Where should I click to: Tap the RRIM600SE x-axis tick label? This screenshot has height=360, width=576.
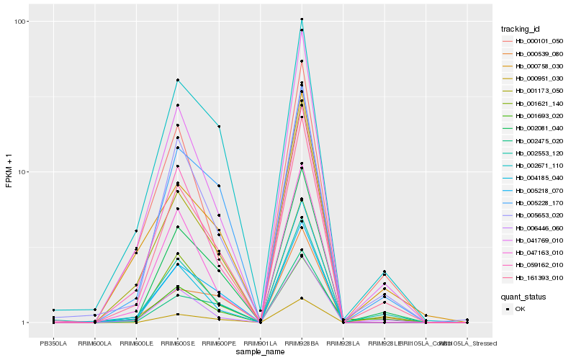177,343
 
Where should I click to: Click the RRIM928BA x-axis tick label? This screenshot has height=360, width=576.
302,343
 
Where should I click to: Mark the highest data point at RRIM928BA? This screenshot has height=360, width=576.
302,19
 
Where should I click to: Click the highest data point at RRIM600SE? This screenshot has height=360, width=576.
177,80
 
